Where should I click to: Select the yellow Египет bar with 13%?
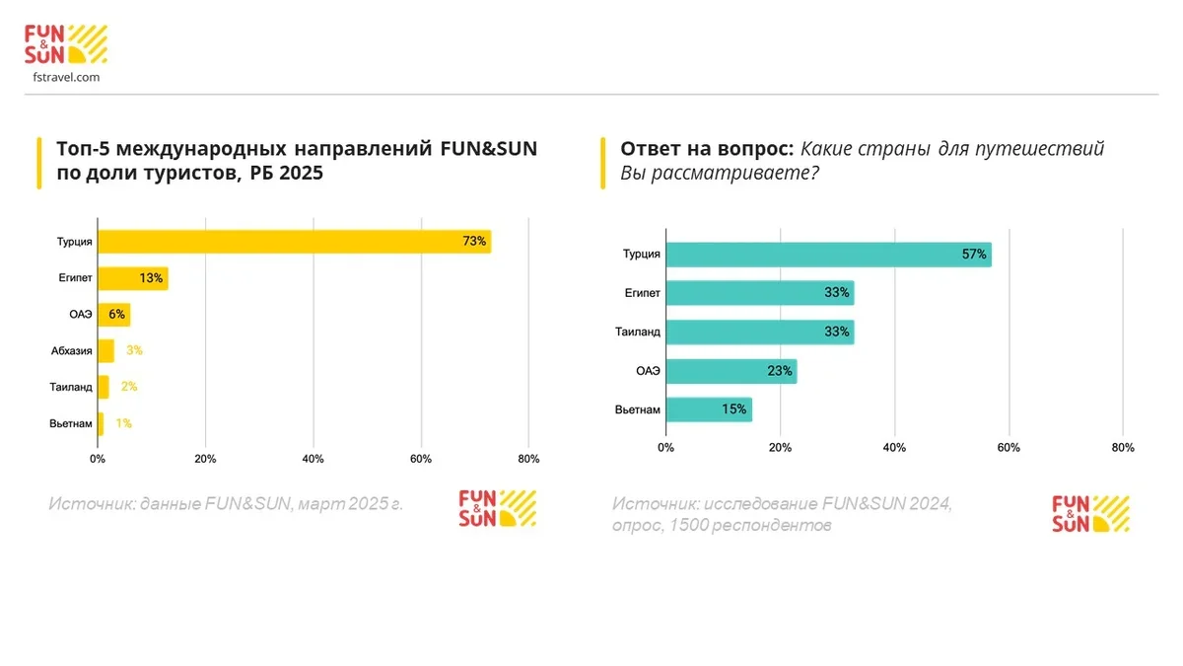click(x=132, y=278)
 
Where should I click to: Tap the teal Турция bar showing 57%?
click(x=828, y=255)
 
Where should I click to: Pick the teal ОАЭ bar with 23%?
click(x=731, y=371)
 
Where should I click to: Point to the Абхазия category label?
click(x=71, y=350)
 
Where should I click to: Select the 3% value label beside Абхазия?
click(x=135, y=350)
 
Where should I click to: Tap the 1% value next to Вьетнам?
click(x=123, y=423)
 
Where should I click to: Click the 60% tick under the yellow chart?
click(x=421, y=459)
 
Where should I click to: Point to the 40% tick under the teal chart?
click(x=894, y=447)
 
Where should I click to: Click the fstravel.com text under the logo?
click(x=66, y=77)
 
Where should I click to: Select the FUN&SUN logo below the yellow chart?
click(x=497, y=507)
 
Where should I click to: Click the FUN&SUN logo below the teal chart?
click(x=1090, y=512)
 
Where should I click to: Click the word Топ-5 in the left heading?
click(x=83, y=149)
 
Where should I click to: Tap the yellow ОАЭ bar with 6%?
click(x=113, y=315)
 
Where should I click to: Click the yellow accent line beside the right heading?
click(x=603, y=162)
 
